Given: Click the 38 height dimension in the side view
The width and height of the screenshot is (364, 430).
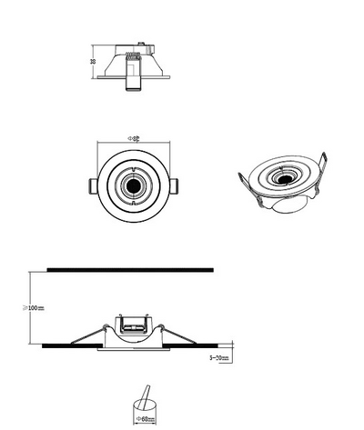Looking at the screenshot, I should (x=94, y=62).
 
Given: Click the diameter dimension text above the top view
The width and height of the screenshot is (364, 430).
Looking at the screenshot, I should (x=134, y=138).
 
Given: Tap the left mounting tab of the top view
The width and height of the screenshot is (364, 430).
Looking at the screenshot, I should (x=91, y=185).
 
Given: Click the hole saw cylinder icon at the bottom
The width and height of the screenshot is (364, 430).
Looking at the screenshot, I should (x=143, y=400).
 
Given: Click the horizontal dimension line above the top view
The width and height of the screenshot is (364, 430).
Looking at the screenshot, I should (x=134, y=144).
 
